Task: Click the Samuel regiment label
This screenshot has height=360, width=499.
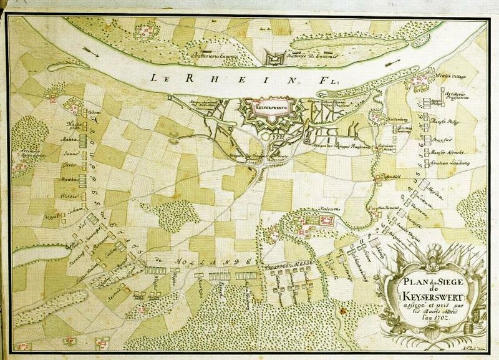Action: (x=68, y=153)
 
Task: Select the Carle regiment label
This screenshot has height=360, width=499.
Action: (x=69, y=165)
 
